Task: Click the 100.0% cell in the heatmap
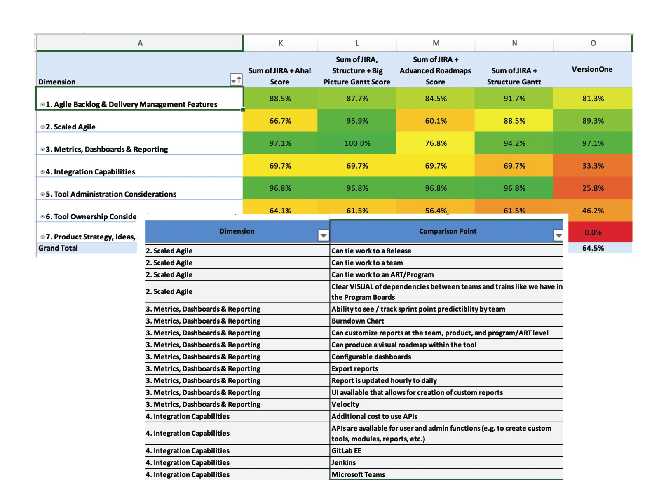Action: coord(357,143)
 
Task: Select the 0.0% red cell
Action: coord(593,232)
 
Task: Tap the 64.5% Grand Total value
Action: coord(593,248)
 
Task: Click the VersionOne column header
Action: coord(592,69)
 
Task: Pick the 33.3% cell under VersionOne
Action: coord(593,166)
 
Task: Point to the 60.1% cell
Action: coord(436,121)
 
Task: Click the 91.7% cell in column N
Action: coord(514,99)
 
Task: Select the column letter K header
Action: coord(281,43)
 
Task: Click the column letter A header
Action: coord(140,43)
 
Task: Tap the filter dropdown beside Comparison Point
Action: coord(558,235)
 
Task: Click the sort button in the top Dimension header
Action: coord(236,80)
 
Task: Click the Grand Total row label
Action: coord(58,248)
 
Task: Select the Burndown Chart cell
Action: coord(358,321)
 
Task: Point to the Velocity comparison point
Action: coord(345,405)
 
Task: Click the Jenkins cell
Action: coord(344,463)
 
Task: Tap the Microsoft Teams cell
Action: coord(358,475)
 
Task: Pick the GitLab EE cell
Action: coord(346,451)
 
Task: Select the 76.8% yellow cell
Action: coord(436,143)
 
